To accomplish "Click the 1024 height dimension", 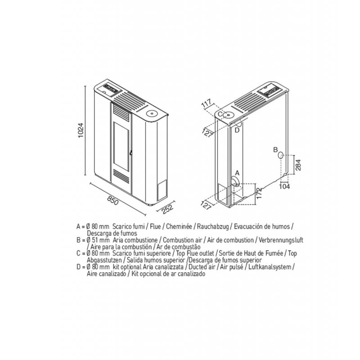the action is click(x=81, y=130).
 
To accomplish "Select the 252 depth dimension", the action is click(x=167, y=209).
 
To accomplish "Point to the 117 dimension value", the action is click(x=207, y=103).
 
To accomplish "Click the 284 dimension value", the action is click(x=298, y=165).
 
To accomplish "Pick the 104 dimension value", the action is click(x=284, y=186).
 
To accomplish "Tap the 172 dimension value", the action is click(x=259, y=193).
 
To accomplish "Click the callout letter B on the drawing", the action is click(x=275, y=150).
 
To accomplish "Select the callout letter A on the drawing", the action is click(x=238, y=173).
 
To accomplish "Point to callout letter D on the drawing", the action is click(x=237, y=130).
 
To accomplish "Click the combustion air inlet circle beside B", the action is click(x=280, y=155).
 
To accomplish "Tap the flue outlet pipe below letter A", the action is click(x=235, y=181).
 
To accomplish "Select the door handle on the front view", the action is click(x=130, y=153).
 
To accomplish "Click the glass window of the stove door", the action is click(x=121, y=147).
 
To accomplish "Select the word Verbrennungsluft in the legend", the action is click(x=281, y=240).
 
